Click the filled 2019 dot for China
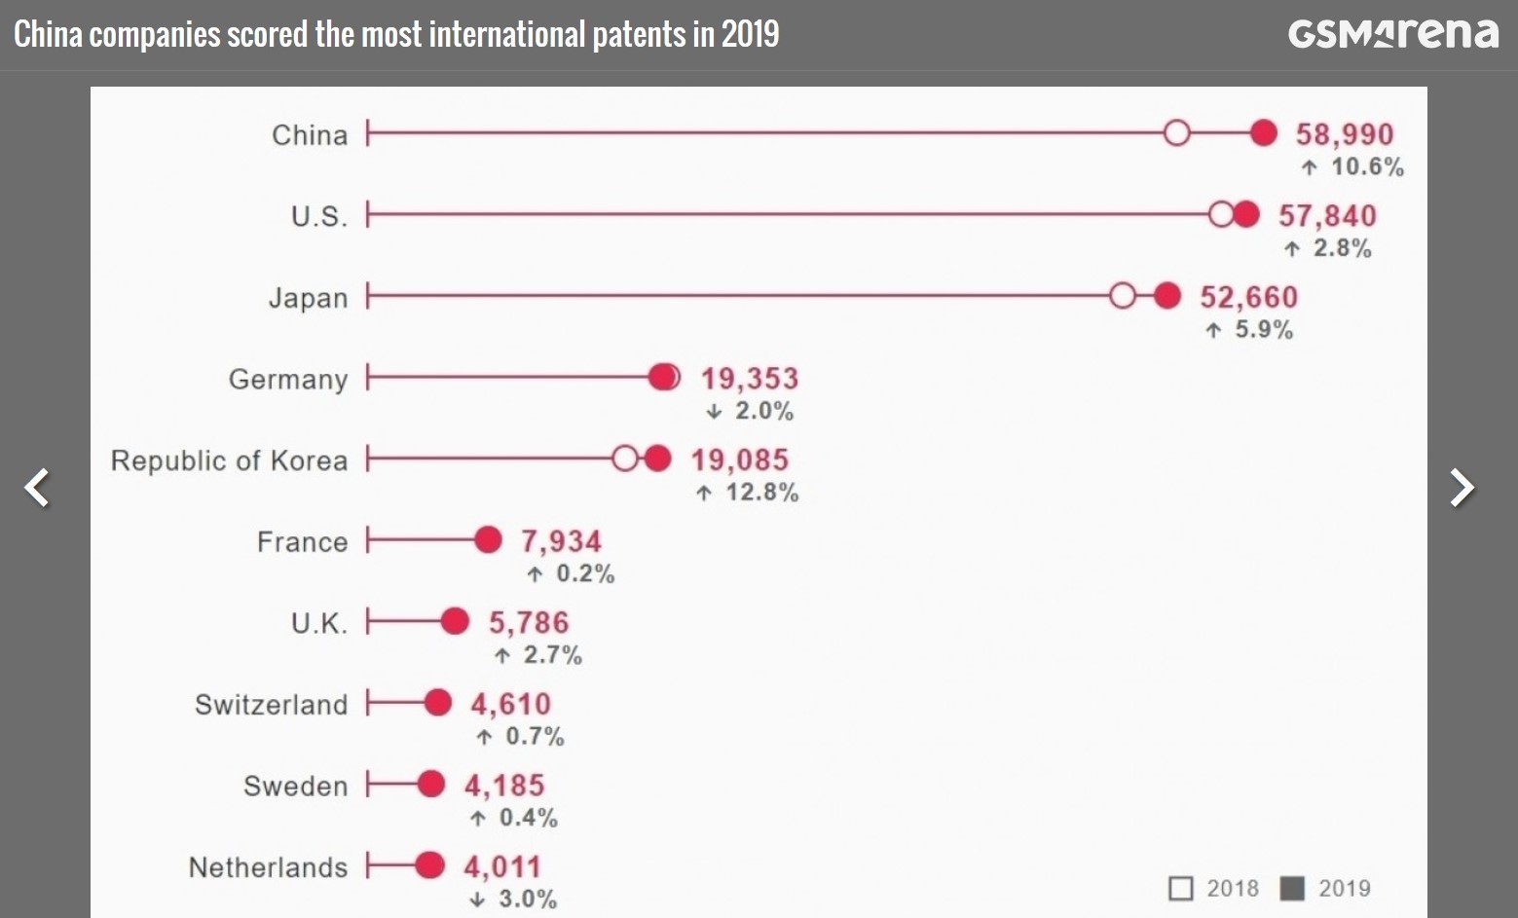click(x=1263, y=133)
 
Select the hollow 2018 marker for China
click(x=1176, y=133)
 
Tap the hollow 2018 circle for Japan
click(x=1122, y=296)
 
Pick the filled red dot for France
click(x=488, y=540)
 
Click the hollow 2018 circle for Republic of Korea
click(x=624, y=459)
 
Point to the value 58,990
click(x=1344, y=134)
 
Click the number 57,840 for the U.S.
click(x=1327, y=215)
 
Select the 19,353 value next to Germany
click(x=750, y=378)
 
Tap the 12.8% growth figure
click(x=760, y=493)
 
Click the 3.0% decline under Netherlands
click(x=526, y=900)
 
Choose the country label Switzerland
click(x=271, y=704)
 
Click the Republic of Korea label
click(x=229, y=460)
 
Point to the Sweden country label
click(x=295, y=786)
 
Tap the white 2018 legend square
click(x=1180, y=889)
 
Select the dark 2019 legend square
click(x=1292, y=889)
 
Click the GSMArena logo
click(x=1392, y=33)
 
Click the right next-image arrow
click(x=1461, y=488)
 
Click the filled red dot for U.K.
click(x=455, y=621)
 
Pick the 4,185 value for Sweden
click(x=504, y=786)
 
